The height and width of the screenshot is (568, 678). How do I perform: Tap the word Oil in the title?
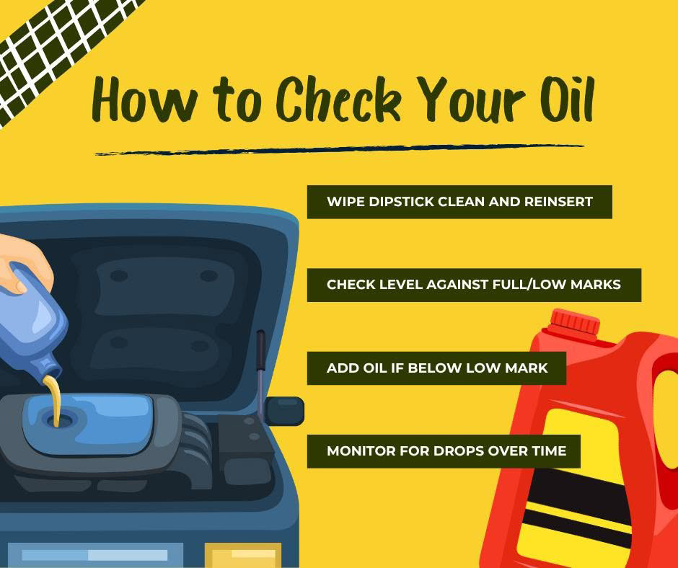tap(568, 99)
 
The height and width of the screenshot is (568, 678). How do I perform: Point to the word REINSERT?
tap(558, 202)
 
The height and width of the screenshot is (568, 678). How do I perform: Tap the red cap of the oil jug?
tap(575, 322)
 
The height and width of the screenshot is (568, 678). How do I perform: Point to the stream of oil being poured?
tap(53, 400)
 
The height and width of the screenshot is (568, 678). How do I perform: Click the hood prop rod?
tap(260, 372)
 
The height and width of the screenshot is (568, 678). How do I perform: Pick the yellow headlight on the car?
tap(243, 555)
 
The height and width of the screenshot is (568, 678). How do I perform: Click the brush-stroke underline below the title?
tap(340, 149)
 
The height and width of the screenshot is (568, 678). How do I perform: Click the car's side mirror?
tap(284, 411)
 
